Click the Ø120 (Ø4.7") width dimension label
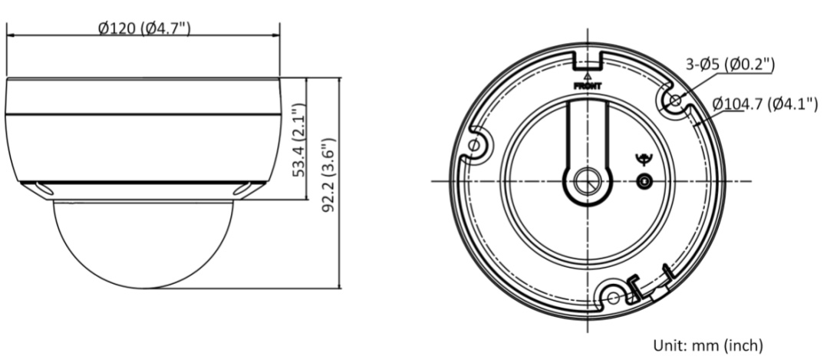click(x=144, y=28)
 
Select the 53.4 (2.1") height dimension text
click(x=299, y=140)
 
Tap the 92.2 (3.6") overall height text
click(x=328, y=175)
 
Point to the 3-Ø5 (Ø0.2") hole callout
click(x=730, y=64)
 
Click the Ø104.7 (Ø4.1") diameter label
click(x=765, y=104)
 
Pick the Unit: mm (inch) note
click(x=708, y=345)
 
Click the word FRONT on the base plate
click(x=588, y=85)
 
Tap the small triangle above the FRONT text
click(x=588, y=77)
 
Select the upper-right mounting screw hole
click(x=675, y=100)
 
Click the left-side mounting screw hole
click(x=474, y=144)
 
